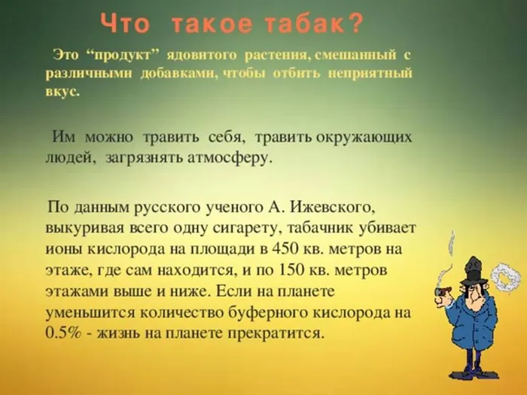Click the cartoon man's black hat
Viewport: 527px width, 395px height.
coord(475,268)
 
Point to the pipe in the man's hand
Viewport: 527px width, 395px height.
coord(442,291)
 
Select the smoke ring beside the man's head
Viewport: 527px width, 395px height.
coord(506,278)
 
